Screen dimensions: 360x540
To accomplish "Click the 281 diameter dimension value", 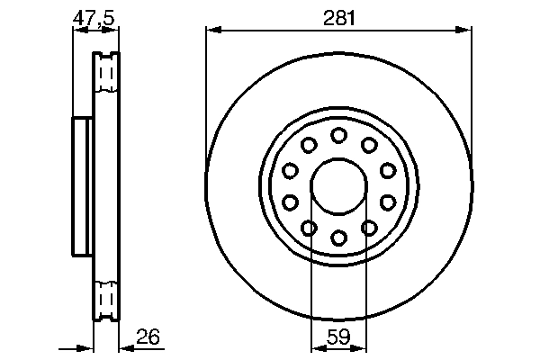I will pos(338,15).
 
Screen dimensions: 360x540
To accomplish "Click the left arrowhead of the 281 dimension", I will pos(212,31).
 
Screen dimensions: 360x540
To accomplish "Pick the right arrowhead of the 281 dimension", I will pos(465,31).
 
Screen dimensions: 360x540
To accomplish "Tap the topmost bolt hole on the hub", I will pos(338,135).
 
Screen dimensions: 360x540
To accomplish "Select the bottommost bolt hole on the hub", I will pos(338,238).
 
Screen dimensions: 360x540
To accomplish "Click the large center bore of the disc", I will pos(338,186).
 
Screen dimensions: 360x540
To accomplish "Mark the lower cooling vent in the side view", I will pos(106,300).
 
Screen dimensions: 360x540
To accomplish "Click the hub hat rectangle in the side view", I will pos(82,186).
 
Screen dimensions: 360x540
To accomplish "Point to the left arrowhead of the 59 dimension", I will pos(316,347).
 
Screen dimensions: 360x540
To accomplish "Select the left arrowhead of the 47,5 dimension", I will pos(77,31).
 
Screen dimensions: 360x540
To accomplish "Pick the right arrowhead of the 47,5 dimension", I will pos(114,31).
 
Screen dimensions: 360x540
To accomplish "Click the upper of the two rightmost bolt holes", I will pos(388,170).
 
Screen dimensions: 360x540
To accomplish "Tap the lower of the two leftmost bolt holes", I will pos(290,202).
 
